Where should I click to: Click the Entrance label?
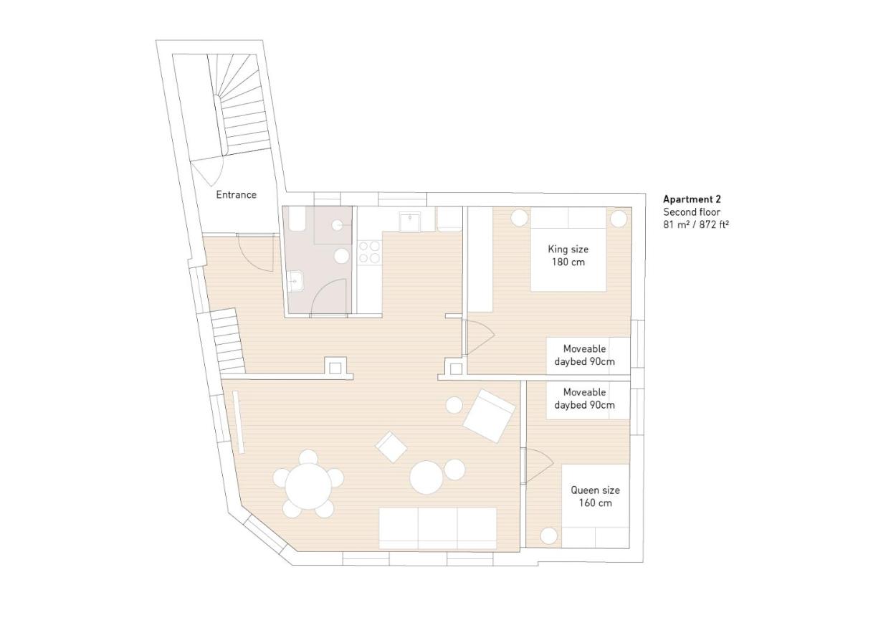(x=236, y=195)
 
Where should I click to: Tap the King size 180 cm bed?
(x=568, y=249)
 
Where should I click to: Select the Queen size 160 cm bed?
(x=596, y=506)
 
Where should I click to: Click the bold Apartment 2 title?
(x=692, y=199)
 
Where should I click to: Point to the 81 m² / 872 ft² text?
(x=696, y=224)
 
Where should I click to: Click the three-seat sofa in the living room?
(x=437, y=528)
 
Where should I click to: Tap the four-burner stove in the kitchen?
(x=369, y=252)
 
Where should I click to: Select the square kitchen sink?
(x=410, y=222)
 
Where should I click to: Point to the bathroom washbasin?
(x=295, y=281)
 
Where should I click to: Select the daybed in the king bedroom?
(x=588, y=356)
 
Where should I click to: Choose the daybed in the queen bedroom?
(x=588, y=399)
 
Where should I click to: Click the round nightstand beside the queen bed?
(x=549, y=536)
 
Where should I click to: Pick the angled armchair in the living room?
(x=489, y=415)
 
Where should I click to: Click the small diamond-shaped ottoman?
(x=391, y=447)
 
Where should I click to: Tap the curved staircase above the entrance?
(x=236, y=105)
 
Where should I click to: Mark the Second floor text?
(x=692, y=212)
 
